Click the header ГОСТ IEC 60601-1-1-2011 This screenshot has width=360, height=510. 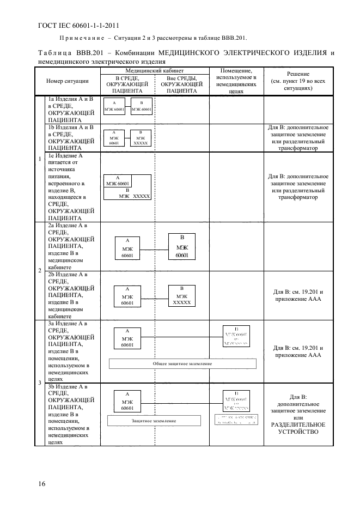(x=78, y=25)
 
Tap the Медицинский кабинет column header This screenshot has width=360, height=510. (x=155, y=71)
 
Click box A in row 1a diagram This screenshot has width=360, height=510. (x=114, y=106)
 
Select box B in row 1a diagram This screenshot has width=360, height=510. (x=141, y=106)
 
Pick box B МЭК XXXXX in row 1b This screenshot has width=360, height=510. (x=141, y=138)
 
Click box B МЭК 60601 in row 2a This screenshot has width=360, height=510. (x=182, y=246)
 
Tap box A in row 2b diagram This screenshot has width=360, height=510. (x=126, y=296)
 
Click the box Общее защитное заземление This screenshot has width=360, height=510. (x=182, y=363)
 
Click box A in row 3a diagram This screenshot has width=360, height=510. (x=127, y=338)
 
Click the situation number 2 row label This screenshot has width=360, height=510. (x=39, y=270)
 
